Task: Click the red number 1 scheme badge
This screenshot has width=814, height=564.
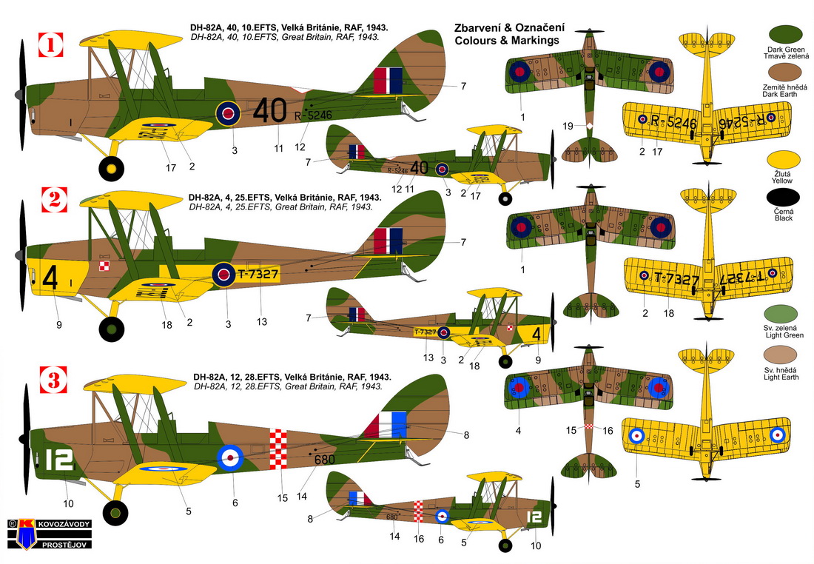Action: pos(51,44)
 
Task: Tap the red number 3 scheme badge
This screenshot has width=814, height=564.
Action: pos(53,379)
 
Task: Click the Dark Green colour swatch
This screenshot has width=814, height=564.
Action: pos(785,35)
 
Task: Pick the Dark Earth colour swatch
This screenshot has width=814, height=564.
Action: pos(784,73)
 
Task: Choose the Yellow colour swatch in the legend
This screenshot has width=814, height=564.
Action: pos(783,161)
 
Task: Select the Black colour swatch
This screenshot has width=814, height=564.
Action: pos(783,198)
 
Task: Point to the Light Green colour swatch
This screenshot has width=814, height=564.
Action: pos(781,315)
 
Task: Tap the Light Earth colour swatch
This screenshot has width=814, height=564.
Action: pos(781,356)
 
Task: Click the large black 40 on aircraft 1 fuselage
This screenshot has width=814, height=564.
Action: pos(270,110)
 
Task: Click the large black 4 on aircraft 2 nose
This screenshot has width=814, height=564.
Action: pos(50,278)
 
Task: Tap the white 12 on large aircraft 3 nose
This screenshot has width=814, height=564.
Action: pos(58,460)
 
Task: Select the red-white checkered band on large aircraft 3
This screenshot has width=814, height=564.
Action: pos(278,449)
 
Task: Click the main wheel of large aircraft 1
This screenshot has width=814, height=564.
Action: pos(111,168)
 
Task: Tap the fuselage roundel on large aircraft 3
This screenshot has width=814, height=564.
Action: pos(230,457)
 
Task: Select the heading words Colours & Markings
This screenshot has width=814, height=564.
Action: pos(507,40)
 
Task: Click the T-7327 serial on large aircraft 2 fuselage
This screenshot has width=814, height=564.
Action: pos(258,274)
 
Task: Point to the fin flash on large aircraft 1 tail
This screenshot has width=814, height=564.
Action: pos(388,81)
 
